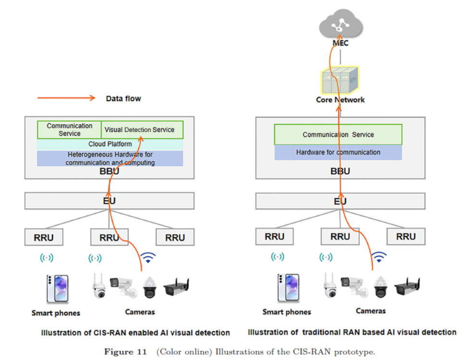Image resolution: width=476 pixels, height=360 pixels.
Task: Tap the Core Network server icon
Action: pyautogui.click(x=340, y=80)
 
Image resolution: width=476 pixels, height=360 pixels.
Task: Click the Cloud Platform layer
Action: pyautogui.click(x=110, y=144)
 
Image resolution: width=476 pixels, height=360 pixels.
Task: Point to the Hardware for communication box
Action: pyautogui.click(x=338, y=152)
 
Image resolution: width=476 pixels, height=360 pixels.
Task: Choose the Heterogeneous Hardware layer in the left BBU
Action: pyautogui.click(x=110, y=158)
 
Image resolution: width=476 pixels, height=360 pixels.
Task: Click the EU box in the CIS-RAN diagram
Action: pyautogui.click(x=109, y=201)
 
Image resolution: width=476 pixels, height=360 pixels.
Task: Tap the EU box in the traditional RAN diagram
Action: pyautogui.click(x=340, y=201)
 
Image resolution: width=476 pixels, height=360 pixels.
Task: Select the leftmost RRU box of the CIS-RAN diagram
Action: pyautogui.click(x=44, y=237)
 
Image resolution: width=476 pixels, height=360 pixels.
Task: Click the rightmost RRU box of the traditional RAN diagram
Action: pyautogui.click(x=406, y=236)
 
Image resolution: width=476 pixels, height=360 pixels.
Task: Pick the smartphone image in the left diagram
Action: pyautogui.click(x=57, y=289)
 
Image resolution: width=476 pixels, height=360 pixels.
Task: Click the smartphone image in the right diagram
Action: pyautogui.click(x=288, y=288)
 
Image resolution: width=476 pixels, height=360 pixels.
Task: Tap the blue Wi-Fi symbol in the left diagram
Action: pyautogui.click(x=148, y=257)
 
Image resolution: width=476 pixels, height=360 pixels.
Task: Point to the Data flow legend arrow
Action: pyautogui.click(x=66, y=98)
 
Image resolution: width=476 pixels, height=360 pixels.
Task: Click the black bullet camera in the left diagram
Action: pyautogui.click(x=176, y=286)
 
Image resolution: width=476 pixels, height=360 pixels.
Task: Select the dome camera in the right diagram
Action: pyautogui.click(x=380, y=287)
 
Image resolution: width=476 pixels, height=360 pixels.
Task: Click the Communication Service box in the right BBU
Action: pyautogui.click(x=338, y=134)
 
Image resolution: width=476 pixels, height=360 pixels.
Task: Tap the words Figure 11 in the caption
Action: pyautogui.click(x=125, y=352)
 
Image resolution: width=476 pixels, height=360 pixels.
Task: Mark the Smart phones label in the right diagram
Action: pyautogui.click(x=287, y=312)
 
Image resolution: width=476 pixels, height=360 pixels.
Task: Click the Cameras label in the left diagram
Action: pyautogui.click(x=140, y=312)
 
